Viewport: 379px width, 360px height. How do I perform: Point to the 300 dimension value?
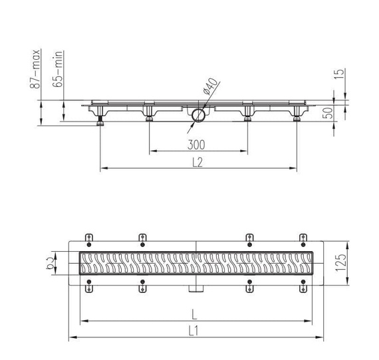point(196,145)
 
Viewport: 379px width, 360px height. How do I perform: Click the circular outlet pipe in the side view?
point(198,116)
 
